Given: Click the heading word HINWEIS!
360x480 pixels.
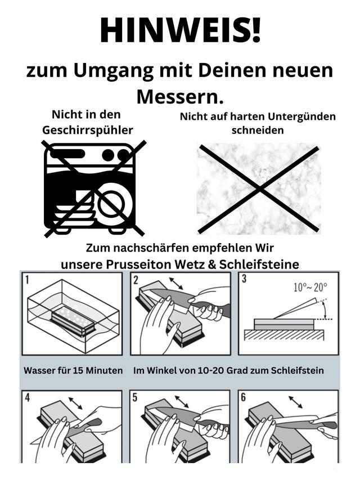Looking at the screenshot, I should (180, 31).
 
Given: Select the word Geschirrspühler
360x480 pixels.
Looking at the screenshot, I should (88, 130).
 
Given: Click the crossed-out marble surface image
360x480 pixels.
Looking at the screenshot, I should (258, 189).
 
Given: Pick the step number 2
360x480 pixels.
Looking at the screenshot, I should (136, 280).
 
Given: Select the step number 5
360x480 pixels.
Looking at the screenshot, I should (136, 397).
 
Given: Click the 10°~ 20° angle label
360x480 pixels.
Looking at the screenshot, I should (310, 287).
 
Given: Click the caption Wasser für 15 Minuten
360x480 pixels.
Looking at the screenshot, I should (73, 371).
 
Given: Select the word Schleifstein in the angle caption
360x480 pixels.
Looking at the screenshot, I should (305, 371).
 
